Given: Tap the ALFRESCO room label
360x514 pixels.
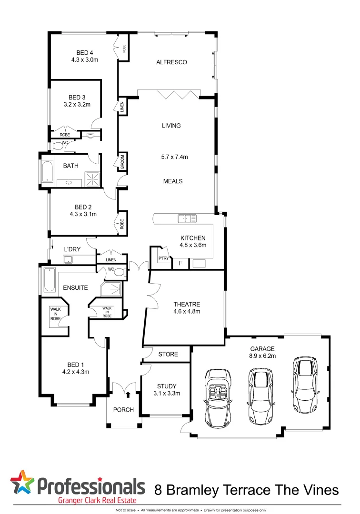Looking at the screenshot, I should tap(171, 62).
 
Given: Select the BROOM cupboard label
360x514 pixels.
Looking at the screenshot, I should tap(122, 162).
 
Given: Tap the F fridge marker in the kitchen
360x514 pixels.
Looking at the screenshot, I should tap(180, 263).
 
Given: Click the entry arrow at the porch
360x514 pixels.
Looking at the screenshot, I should tap(128, 393).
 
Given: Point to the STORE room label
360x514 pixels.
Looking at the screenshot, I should tap(168, 354).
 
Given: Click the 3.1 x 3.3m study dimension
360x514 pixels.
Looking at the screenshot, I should tap(166, 393).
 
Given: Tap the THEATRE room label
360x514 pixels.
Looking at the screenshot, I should tap(187, 304).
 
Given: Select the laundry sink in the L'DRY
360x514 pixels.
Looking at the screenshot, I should tap(68, 259).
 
